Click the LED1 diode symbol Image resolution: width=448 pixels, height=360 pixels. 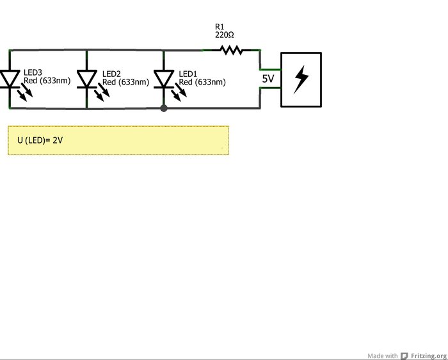coord(164,78)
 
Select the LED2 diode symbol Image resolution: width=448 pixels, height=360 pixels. coord(87,78)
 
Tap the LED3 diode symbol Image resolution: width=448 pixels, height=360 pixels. coord(10,78)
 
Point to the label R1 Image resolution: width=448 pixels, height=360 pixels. coord(220,26)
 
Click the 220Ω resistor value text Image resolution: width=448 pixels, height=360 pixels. coord(224,35)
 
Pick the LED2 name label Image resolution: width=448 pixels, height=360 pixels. coord(111,74)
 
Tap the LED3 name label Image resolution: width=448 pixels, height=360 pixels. coord(33,73)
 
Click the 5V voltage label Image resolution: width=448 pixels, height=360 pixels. coord(268,79)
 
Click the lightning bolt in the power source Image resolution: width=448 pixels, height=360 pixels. coord(301,79)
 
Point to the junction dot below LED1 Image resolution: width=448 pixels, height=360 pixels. coord(164,108)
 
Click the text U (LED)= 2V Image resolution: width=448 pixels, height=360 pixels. coord(40,140)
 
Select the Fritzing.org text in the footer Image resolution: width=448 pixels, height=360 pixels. coord(429,356)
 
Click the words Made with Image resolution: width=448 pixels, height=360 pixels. coord(383,356)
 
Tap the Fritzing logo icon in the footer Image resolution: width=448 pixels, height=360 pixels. coord(404,356)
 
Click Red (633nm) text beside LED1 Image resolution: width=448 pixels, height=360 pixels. coord(202,82)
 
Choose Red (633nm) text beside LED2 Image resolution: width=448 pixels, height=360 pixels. coord(125,82)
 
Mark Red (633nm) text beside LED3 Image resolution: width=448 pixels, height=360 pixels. coord(47,81)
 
